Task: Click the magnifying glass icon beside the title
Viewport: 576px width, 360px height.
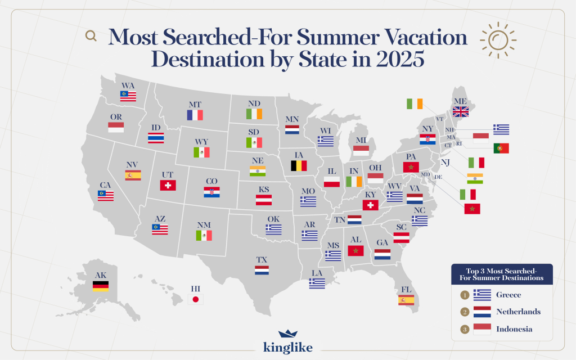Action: (x=91, y=36)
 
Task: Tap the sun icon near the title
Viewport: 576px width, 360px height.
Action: (x=498, y=39)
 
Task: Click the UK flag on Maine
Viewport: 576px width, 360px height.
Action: (x=461, y=111)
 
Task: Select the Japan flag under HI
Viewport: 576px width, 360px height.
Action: (x=195, y=299)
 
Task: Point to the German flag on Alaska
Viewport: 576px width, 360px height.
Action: (x=101, y=286)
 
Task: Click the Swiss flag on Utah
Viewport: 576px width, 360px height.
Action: (x=168, y=185)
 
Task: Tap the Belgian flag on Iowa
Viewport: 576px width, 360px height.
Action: (x=299, y=165)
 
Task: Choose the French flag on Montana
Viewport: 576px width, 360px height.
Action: (x=195, y=115)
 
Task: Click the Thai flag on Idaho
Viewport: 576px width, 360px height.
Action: (x=156, y=138)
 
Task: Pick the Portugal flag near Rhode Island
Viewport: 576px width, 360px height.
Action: (x=501, y=148)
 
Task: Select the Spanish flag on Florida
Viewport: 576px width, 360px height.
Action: (x=406, y=300)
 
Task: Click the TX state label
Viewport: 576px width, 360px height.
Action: (x=262, y=259)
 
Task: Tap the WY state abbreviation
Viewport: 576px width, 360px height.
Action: (x=201, y=141)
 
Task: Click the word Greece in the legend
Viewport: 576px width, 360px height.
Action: (x=508, y=295)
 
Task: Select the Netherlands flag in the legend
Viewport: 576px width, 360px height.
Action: (x=483, y=312)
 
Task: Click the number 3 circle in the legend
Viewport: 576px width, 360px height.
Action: (x=465, y=329)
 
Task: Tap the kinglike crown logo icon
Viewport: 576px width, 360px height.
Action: (x=287, y=334)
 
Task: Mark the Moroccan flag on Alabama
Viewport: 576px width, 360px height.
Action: (x=355, y=250)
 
